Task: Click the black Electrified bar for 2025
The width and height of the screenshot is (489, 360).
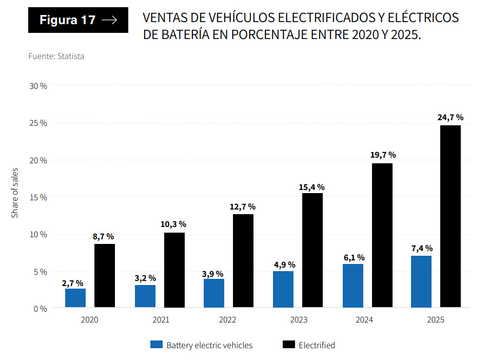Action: point(450,216)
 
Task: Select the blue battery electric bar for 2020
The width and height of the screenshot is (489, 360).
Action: point(75,298)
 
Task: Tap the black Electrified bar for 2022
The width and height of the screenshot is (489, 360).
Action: point(243,260)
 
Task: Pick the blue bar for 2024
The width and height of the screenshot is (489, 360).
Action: point(353,286)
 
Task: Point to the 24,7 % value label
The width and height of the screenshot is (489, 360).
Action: point(450,118)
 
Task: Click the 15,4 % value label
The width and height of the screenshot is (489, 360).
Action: point(311,187)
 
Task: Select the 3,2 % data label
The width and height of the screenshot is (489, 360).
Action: point(145,278)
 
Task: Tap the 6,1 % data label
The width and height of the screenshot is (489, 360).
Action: point(353,257)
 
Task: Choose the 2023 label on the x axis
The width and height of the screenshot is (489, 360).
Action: point(298,320)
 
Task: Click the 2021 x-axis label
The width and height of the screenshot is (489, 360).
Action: point(161,320)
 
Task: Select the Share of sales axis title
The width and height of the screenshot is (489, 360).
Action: point(15,193)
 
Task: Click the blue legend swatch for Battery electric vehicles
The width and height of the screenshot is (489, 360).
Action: point(156,345)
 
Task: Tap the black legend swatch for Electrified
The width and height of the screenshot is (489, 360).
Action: point(288,345)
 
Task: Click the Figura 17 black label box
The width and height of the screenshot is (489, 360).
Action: point(78,20)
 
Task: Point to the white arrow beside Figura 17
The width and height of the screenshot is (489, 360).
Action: point(109,20)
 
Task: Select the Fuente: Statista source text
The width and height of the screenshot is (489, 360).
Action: point(56,56)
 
